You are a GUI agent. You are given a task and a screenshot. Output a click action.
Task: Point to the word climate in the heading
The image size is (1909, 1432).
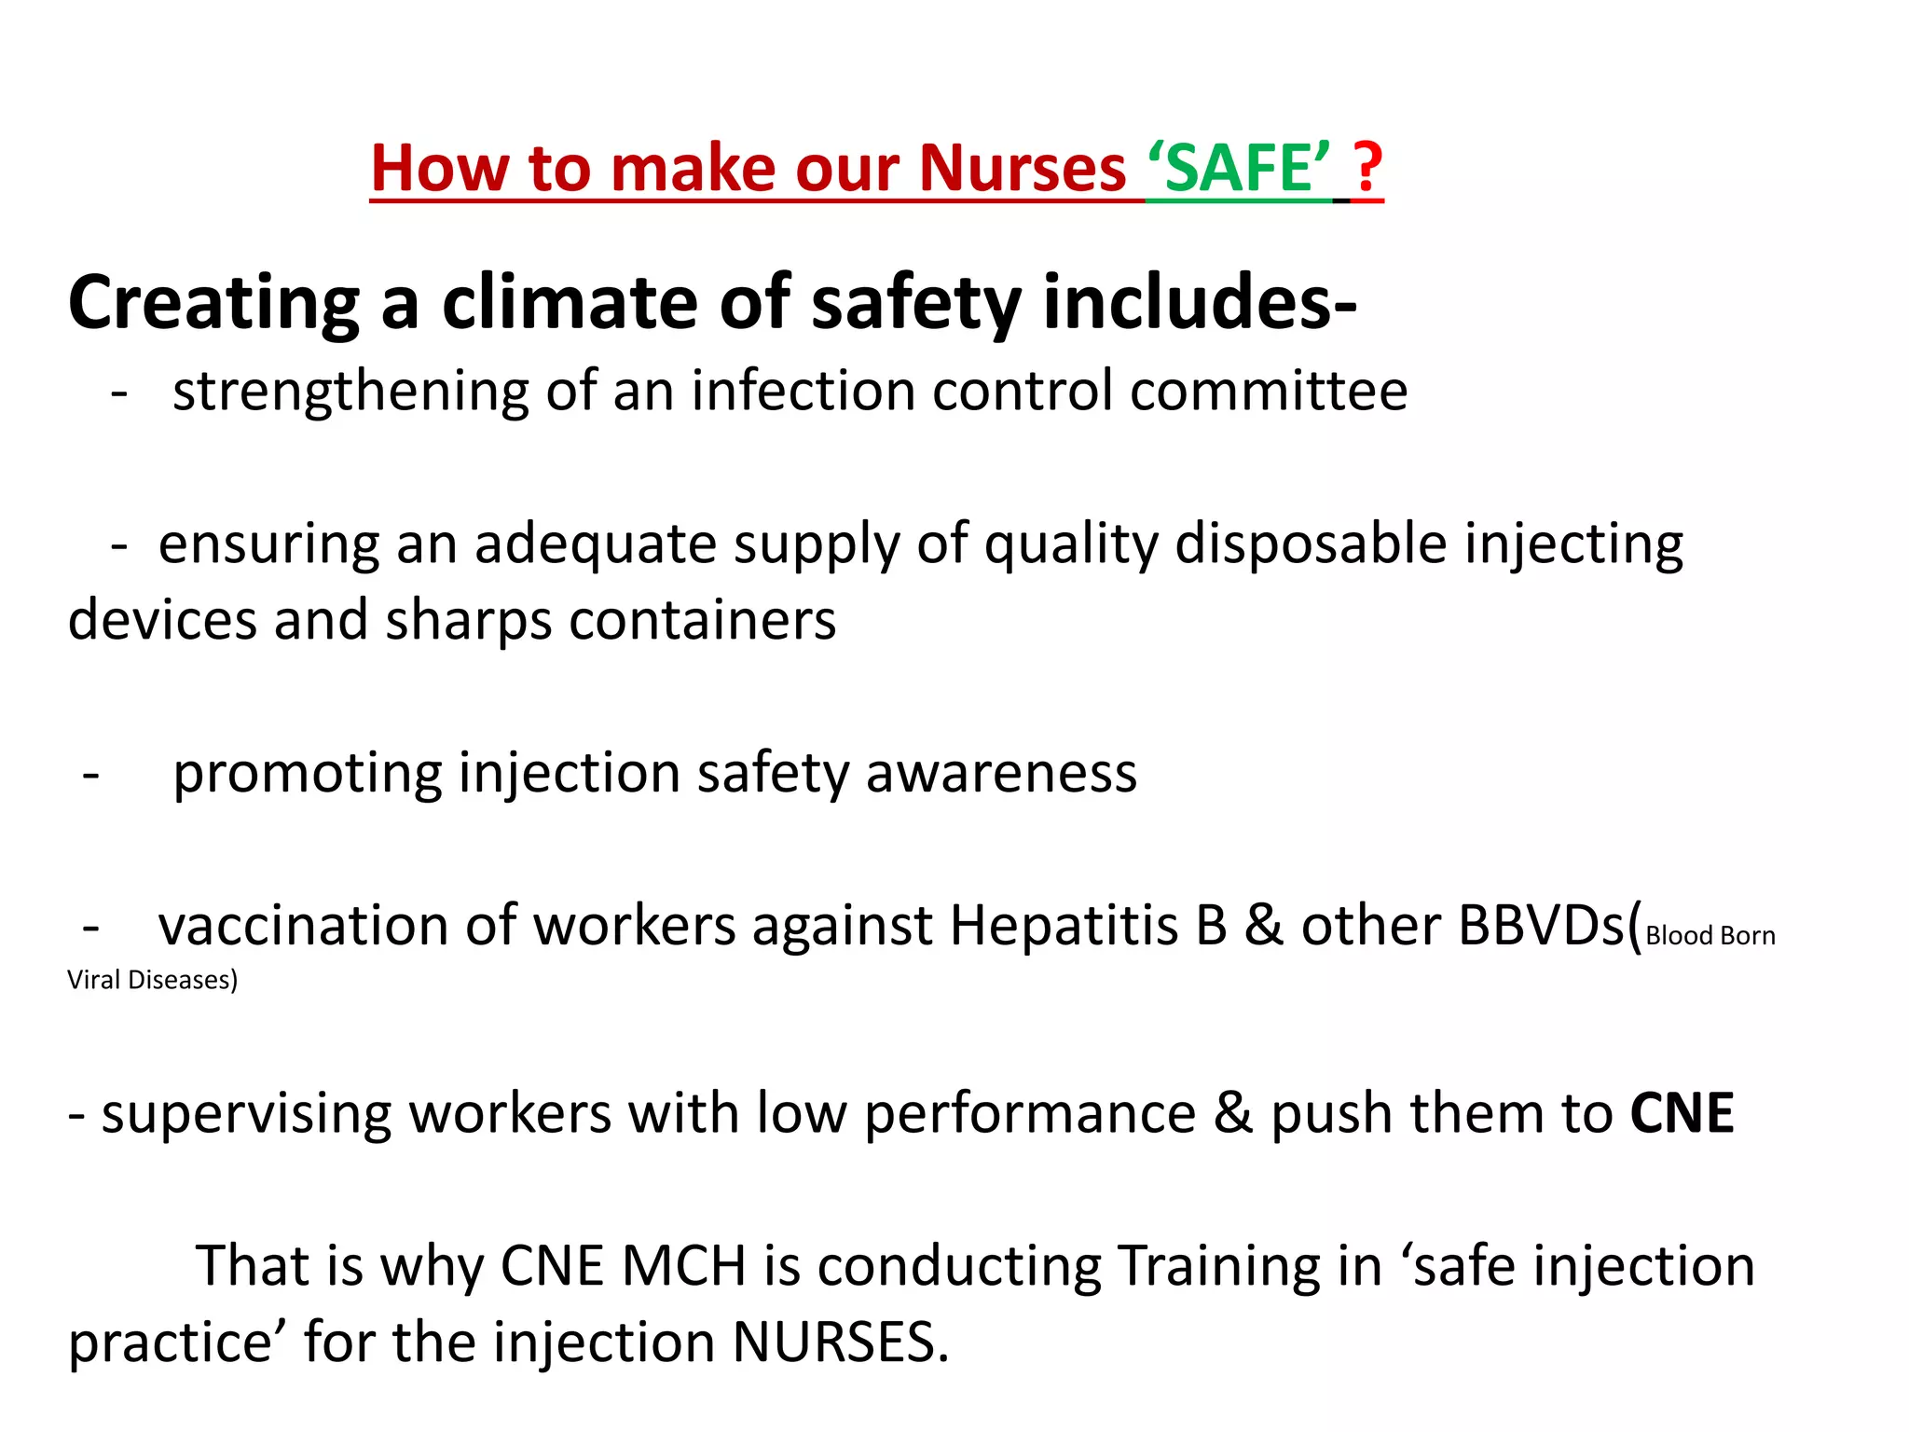click(x=569, y=303)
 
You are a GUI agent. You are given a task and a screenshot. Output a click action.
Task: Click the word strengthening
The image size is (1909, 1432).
click(x=350, y=392)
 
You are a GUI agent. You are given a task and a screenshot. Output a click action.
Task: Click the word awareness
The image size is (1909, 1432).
click(x=1001, y=774)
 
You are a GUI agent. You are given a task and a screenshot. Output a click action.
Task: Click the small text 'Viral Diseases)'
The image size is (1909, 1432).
click(x=152, y=980)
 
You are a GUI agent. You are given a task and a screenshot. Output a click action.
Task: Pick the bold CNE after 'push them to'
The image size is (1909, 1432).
click(x=1682, y=1113)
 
